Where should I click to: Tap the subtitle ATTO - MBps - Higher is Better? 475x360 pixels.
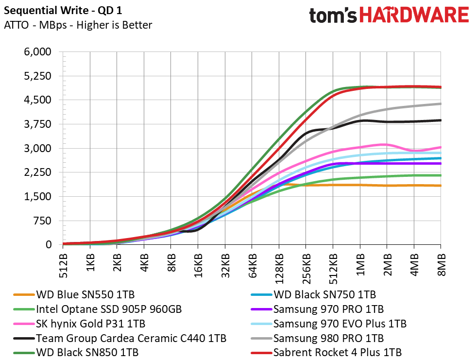point(78,25)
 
